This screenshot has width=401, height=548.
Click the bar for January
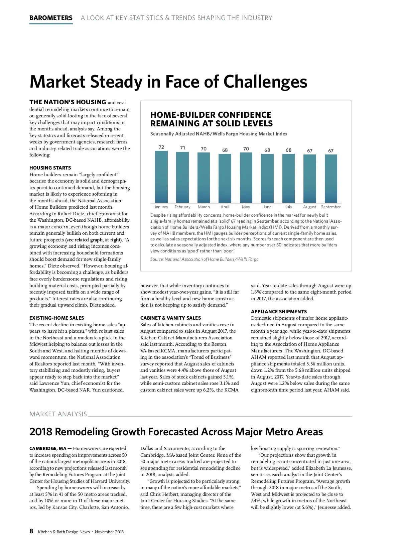point(161,177)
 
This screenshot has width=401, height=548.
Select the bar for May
point(246,178)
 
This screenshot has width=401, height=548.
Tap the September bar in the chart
point(331,179)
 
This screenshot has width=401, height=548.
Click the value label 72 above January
point(161,147)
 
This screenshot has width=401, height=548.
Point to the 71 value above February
point(182,148)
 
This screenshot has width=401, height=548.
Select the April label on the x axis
point(225,207)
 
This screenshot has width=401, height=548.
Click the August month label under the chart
point(309,207)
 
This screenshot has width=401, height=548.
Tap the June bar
point(267,178)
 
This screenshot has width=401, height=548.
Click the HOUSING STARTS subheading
point(50,168)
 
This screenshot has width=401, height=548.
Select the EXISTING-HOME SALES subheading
point(57,318)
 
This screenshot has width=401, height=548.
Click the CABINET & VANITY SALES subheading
point(170,318)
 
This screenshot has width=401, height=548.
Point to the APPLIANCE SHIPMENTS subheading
point(279,312)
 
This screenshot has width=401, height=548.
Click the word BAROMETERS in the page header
point(51,18)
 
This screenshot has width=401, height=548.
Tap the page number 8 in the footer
point(31,531)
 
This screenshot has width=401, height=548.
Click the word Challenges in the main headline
point(265,82)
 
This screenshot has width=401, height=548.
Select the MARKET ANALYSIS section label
point(58,414)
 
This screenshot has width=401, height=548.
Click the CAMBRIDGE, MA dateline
point(48,449)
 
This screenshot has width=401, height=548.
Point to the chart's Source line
point(204,259)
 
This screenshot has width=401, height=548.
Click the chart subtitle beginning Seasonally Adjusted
point(219,134)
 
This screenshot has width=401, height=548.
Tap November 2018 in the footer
point(109,532)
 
